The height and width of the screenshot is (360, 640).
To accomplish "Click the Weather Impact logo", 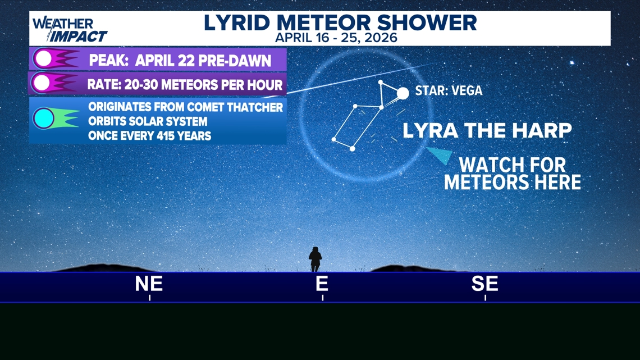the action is point(70,30).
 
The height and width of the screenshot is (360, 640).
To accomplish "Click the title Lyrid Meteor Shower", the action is point(340,22).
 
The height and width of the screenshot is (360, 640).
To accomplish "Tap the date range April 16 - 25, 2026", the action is point(336,38).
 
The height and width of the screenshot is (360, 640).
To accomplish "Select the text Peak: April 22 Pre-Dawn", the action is point(180,61).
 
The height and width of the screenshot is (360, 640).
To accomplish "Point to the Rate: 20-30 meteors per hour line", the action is point(185,85).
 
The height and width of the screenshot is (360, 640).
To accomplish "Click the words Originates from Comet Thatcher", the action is point(186,107).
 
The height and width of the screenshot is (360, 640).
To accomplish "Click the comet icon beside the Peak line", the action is point(56,59).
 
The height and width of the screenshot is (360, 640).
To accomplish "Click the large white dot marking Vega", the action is point(403,93).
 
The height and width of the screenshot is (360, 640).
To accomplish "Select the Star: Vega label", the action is point(449,90).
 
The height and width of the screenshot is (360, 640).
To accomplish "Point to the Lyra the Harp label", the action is point(487,131).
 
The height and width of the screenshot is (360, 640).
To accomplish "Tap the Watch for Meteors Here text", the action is point(513,174).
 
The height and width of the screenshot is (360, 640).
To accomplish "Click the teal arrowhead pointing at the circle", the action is point(441,155).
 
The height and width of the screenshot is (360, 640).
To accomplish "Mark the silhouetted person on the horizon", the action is point(315,259).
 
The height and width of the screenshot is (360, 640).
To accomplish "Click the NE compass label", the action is point(149,284).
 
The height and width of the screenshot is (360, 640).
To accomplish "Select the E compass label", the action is point(322,284).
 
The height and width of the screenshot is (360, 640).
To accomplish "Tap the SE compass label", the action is point(485,284).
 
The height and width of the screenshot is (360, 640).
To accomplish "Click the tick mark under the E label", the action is point(322,298).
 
